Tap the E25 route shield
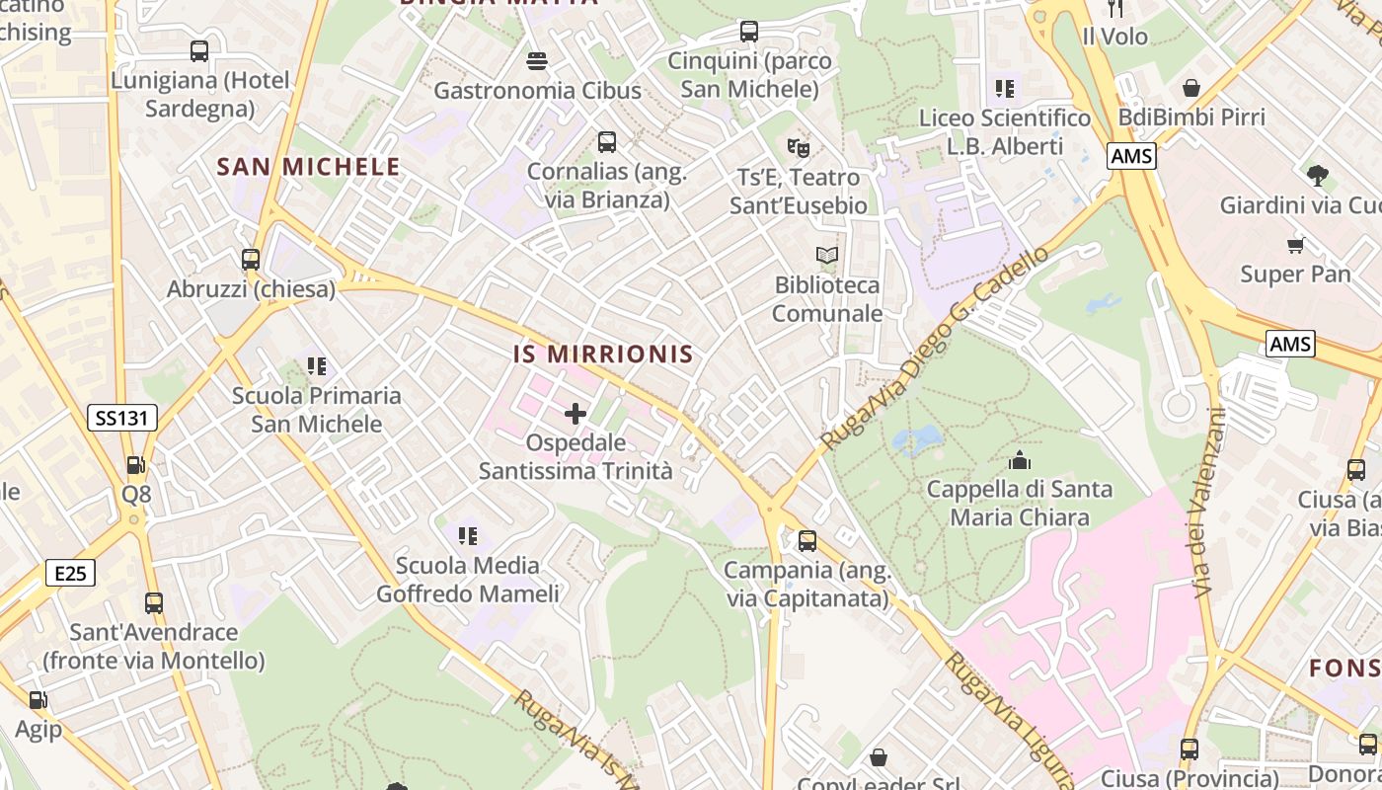[70, 573]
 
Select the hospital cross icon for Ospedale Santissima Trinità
[576, 414]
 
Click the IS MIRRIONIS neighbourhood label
[603, 355]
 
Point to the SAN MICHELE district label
[308, 167]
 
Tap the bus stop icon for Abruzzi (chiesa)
[251, 260]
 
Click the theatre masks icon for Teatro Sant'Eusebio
[798, 148]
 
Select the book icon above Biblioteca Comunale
[827, 256]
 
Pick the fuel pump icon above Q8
[135, 464]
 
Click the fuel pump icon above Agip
[38, 700]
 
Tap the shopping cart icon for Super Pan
[1295, 244]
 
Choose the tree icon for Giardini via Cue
[1317, 176]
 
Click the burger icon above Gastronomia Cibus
[537, 61]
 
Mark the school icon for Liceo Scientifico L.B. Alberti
[1005, 89]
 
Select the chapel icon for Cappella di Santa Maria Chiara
[1019, 460]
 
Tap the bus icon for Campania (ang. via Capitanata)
[807, 541]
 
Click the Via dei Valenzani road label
[1206, 504]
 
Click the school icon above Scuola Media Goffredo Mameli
[468, 536]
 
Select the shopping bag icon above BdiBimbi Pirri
[1191, 88]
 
